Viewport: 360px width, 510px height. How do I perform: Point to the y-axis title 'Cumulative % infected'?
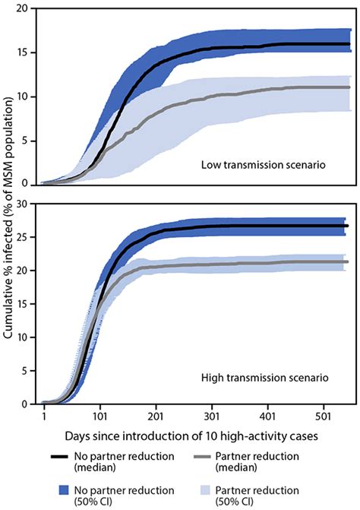click(11, 205)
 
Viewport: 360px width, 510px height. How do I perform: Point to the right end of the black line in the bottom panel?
click(347, 226)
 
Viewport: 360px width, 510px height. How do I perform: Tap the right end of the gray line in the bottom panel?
click(347, 261)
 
